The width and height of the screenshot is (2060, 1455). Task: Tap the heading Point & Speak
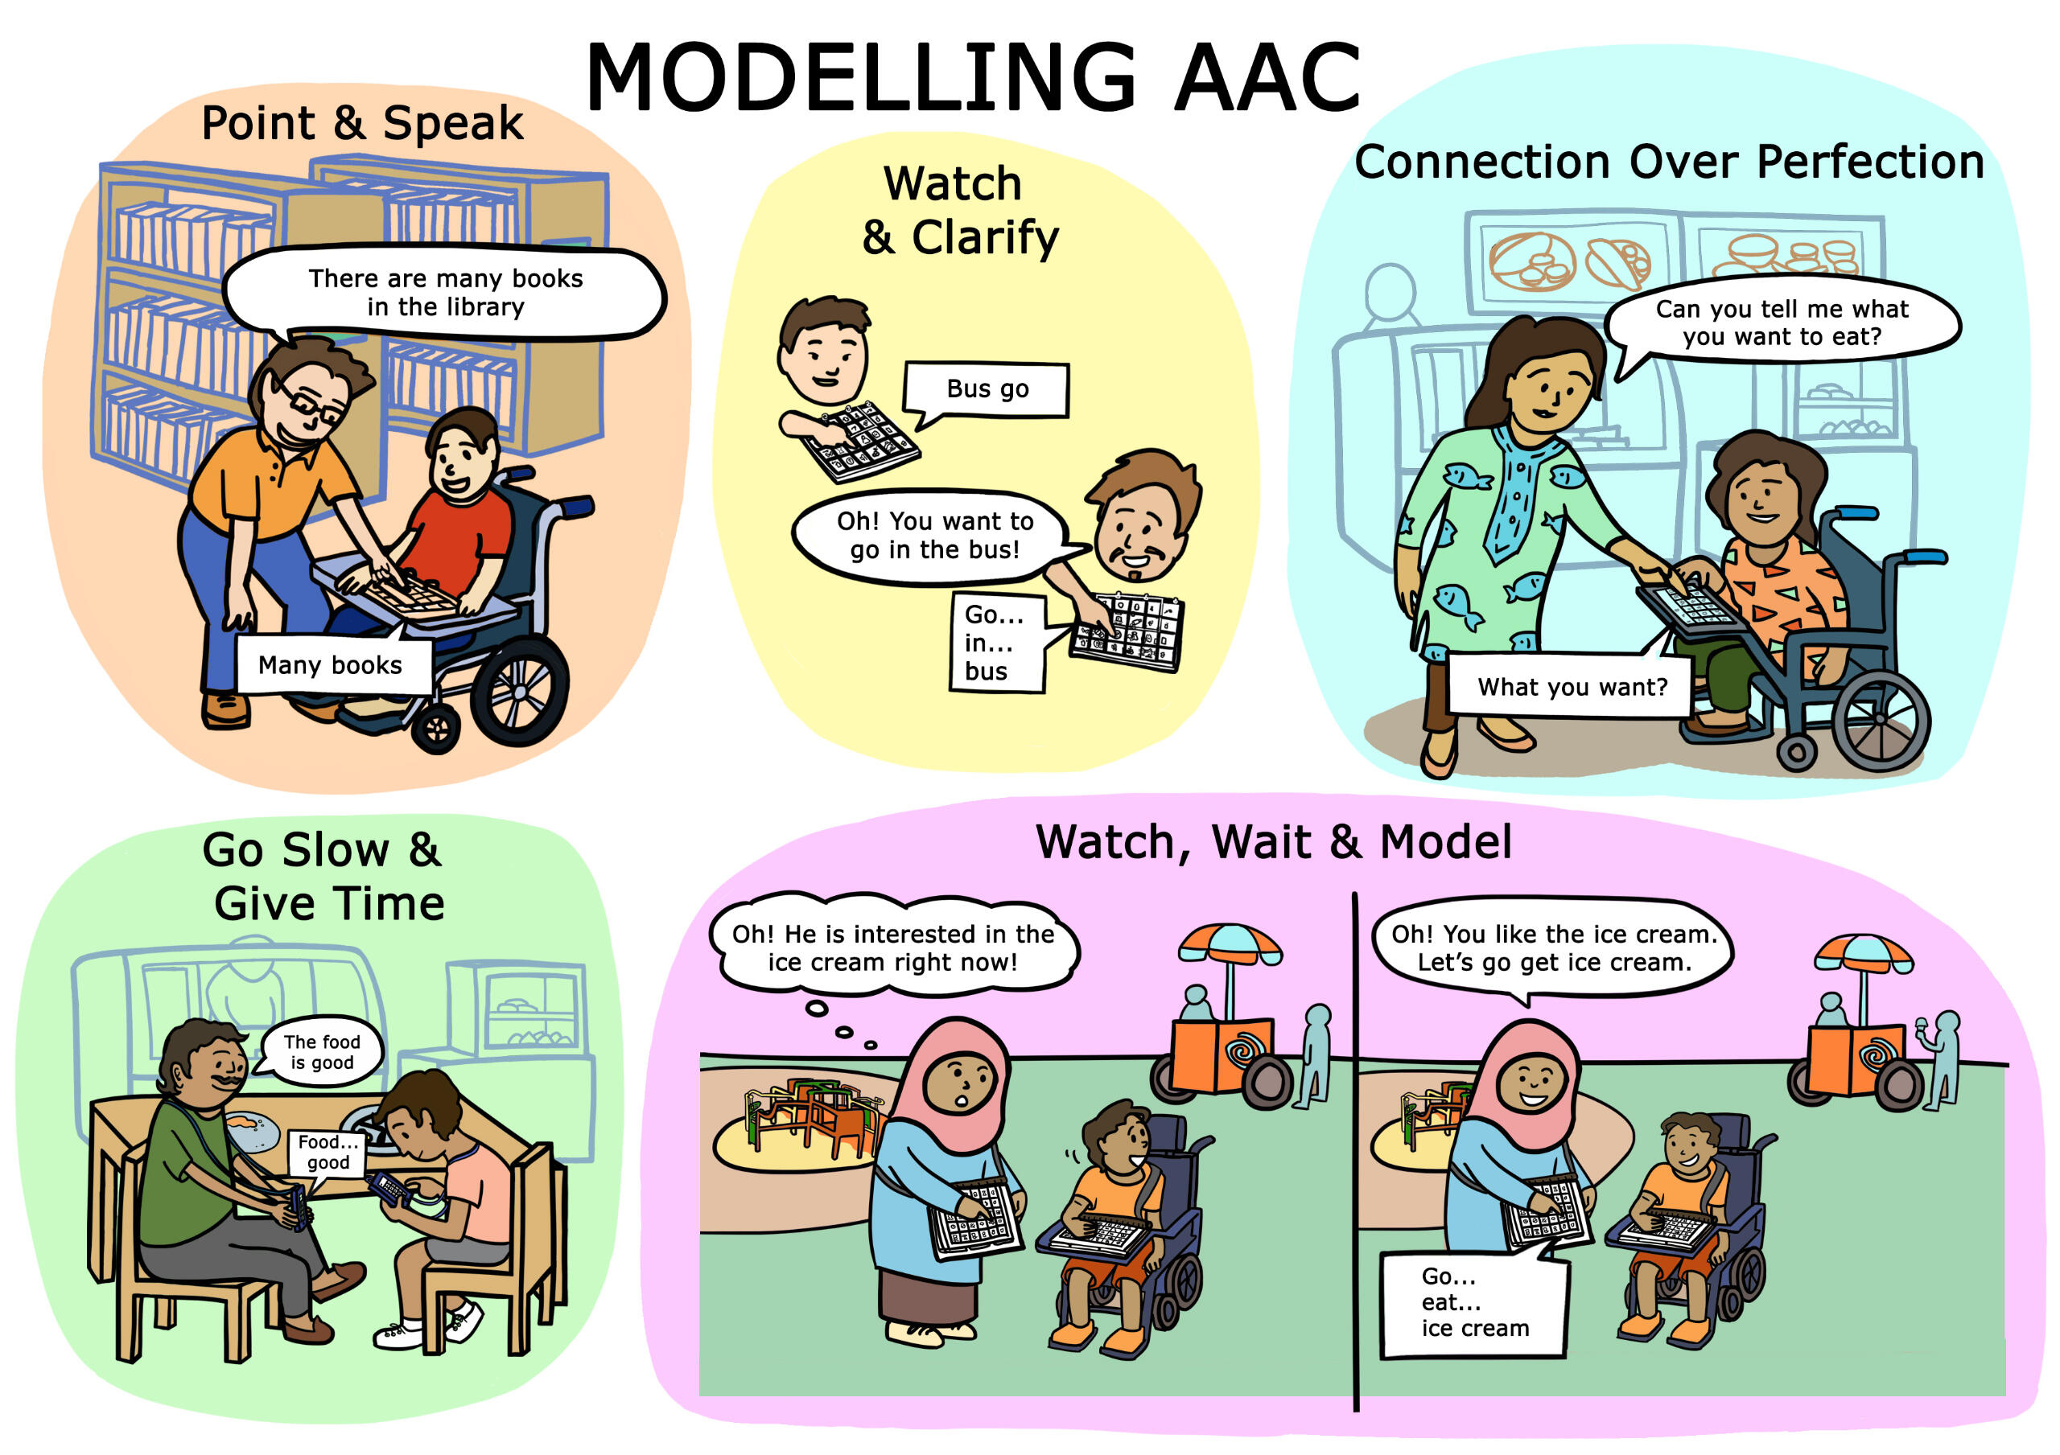[x=362, y=123]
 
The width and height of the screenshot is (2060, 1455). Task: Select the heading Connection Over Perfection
[x=1669, y=162]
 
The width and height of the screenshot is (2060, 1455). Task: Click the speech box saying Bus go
[x=987, y=391]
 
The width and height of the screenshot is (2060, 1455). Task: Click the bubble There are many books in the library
[x=445, y=293]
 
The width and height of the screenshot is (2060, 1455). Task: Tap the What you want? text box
[x=1572, y=686]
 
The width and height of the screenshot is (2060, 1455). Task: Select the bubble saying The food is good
[x=321, y=1051]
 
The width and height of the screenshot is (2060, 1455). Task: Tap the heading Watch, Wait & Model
[x=1274, y=843]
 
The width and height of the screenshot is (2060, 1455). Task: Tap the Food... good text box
[x=328, y=1153]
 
